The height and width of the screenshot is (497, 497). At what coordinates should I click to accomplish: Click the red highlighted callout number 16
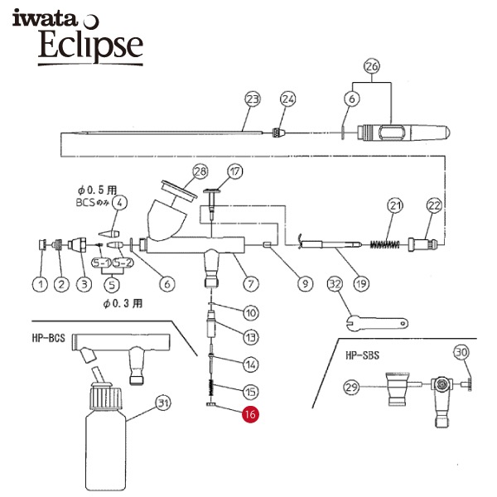click(250, 414)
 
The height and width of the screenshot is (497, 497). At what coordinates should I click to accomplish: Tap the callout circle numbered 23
click(253, 99)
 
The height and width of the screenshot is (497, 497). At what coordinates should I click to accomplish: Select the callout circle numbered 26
click(372, 66)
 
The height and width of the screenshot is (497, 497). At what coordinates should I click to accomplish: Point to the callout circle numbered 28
click(200, 171)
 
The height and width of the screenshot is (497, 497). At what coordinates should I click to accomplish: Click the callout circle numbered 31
click(163, 403)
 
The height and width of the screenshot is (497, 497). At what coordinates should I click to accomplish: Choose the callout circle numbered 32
click(335, 284)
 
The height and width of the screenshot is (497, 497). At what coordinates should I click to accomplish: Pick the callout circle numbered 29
click(351, 387)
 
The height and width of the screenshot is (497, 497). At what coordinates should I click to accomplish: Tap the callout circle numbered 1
click(41, 284)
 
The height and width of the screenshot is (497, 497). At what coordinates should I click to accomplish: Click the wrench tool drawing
click(377, 324)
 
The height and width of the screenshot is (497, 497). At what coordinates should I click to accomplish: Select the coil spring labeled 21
click(385, 244)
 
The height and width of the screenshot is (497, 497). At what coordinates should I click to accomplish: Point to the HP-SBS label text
click(362, 355)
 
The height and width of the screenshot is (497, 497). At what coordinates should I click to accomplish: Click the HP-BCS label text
click(49, 338)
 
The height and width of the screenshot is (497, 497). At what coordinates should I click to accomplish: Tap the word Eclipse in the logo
click(90, 45)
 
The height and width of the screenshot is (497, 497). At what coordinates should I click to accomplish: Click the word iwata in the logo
click(45, 18)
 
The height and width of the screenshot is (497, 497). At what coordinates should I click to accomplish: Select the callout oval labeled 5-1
click(101, 263)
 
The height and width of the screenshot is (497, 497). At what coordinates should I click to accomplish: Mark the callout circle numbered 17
click(235, 171)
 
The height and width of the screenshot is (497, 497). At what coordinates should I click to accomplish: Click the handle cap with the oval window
click(403, 133)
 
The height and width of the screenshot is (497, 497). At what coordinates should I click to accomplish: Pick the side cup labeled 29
click(397, 389)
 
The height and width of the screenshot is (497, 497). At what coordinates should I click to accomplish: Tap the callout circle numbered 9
click(305, 284)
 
